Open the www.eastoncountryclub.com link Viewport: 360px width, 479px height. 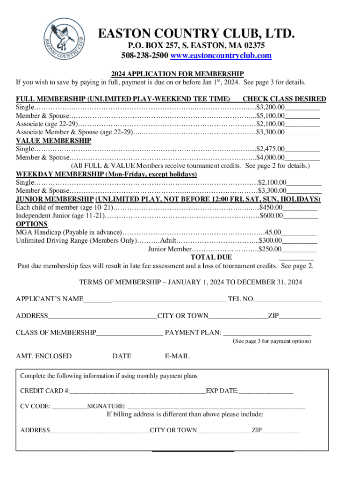click(x=221, y=56)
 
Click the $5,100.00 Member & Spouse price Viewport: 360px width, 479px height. click(x=271, y=116)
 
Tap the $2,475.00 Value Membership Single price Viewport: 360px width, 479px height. click(x=271, y=149)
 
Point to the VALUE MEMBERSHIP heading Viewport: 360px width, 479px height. click(x=53, y=140)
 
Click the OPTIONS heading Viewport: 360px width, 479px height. click(x=31, y=224)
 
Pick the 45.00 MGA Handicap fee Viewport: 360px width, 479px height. click(x=274, y=232)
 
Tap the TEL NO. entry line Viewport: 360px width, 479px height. click(x=288, y=299)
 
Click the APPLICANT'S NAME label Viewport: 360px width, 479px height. click(x=50, y=299)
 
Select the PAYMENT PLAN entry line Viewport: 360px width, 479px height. click(x=267, y=333)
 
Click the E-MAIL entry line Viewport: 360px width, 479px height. click(x=255, y=356)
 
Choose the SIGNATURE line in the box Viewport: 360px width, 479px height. click(x=216, y=406)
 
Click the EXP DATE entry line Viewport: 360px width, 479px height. click(x=266, y=391)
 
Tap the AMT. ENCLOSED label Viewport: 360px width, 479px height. click(x=44, y=356)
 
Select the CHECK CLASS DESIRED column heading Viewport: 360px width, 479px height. click(x=284, y=99)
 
